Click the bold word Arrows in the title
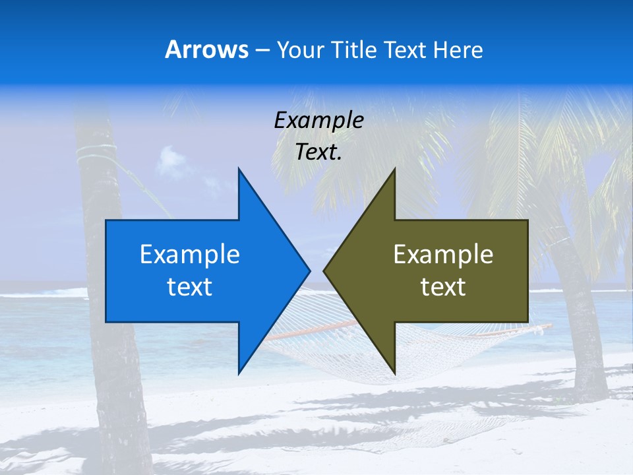206,49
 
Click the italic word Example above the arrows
318,120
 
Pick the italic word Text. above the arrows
318,152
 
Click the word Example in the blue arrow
190,254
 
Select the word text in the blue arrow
190,287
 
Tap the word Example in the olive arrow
443,254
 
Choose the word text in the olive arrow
443,287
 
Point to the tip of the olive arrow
324,270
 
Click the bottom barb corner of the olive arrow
394,373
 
